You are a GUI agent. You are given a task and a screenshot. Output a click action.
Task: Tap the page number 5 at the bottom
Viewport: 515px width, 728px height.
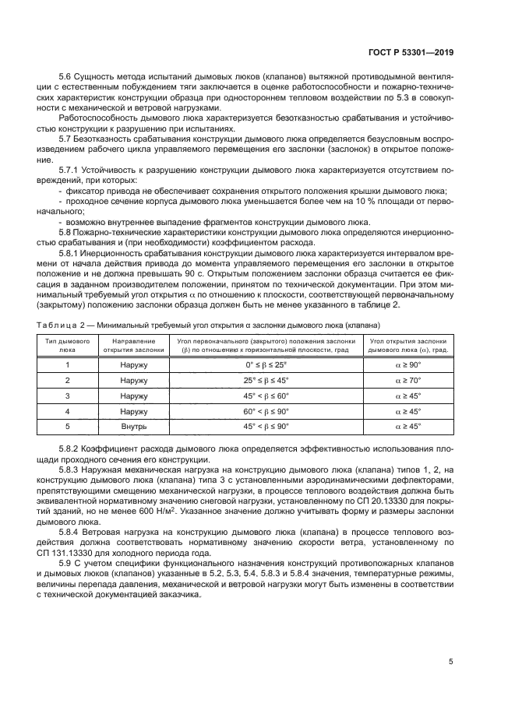(x=451, y=662)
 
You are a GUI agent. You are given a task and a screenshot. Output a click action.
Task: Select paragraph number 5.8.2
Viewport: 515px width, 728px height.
(x=71, y=449)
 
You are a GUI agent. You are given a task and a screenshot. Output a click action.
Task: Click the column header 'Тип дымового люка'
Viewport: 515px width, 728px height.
(x=67, y=346)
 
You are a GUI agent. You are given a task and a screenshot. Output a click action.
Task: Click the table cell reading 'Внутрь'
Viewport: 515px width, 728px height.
(x=128, y=427)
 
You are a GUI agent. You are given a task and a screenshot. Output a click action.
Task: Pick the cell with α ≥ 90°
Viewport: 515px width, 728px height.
(x=407, y=364)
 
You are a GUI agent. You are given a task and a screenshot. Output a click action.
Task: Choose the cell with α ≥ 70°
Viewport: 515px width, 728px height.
(x=407, y=380)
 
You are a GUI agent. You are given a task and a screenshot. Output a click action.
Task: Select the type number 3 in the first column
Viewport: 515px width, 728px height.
(x=67, y=396)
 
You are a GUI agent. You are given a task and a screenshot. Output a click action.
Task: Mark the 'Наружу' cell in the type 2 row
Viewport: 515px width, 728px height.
(x=128, y=380)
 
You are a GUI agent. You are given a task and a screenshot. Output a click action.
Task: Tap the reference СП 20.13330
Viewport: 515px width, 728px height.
(x=396, y=500)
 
